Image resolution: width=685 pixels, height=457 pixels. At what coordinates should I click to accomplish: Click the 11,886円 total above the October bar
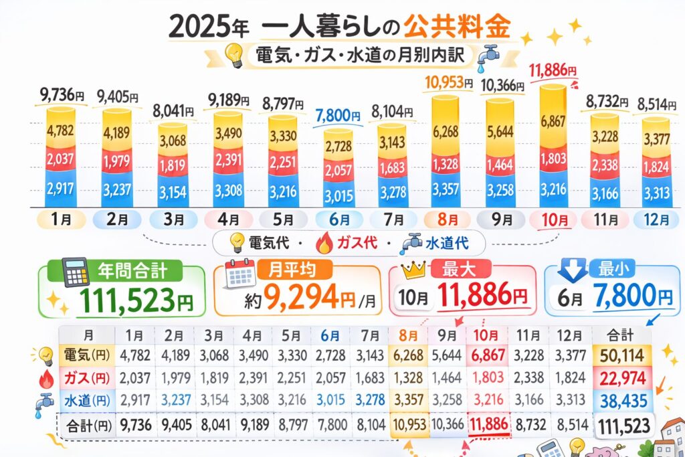552,70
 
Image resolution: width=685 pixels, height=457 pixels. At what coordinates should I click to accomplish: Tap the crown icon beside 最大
415,270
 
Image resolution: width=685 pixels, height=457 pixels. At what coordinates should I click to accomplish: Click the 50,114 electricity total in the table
620,354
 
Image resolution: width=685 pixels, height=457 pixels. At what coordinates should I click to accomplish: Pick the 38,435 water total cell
620,400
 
